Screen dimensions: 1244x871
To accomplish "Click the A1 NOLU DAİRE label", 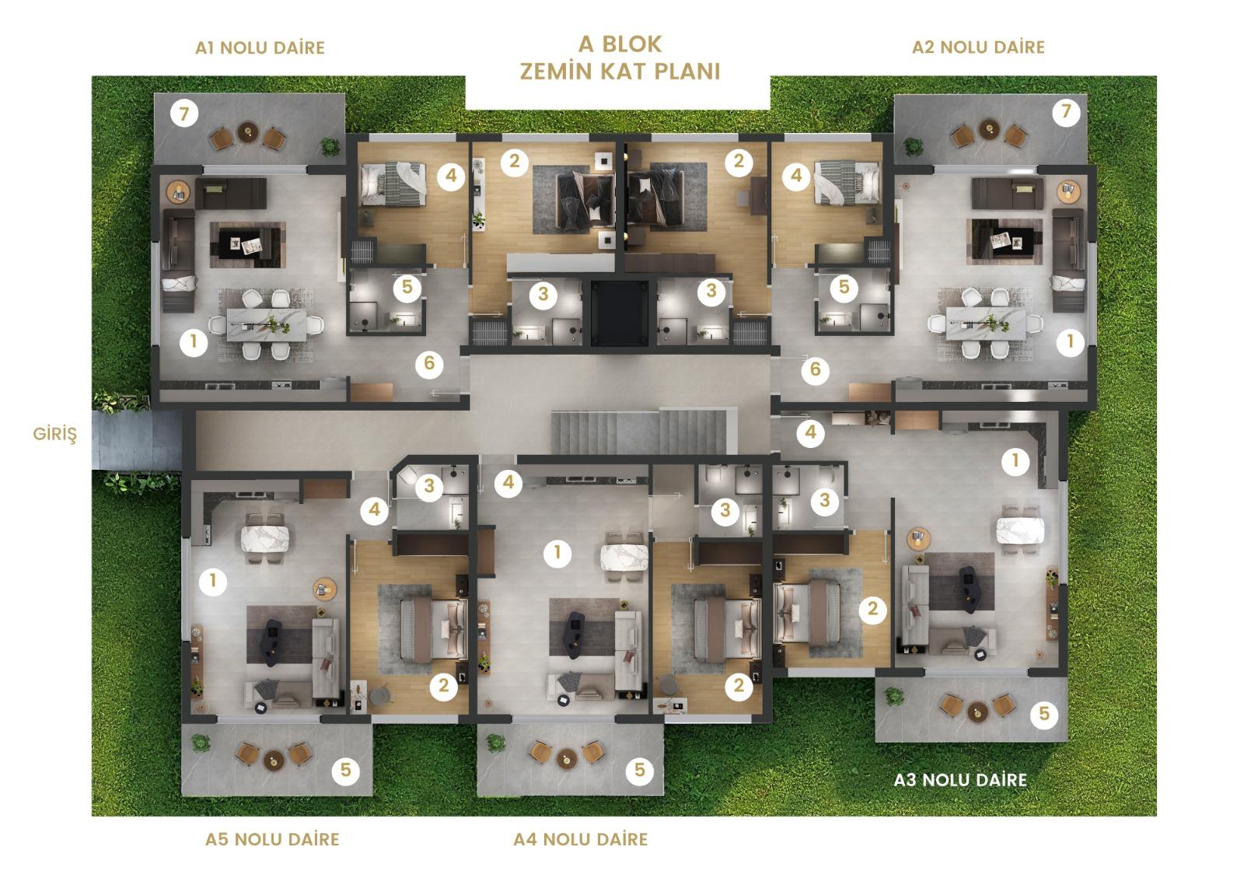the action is [x=260, y=47].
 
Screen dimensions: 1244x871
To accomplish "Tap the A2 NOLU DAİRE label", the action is [x=979, y=47].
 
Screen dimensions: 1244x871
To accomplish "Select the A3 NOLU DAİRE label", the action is [x=960, y=780].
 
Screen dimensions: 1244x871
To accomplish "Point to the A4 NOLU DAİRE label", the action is [x=580, y=839].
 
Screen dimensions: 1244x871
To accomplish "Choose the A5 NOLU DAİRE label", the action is [x=272, y=839].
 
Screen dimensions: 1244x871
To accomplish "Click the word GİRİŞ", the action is [x=55, y=434].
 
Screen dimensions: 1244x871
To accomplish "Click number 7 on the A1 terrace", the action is [x=184, y=114].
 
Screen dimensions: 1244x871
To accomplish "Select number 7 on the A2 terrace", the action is [x=1066, y=112].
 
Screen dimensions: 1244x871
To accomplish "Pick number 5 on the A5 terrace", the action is [x=345, y=770].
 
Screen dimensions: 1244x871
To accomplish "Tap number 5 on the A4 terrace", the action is [x=640, y=770].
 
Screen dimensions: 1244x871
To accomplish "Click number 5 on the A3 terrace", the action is [x=1044, y=713].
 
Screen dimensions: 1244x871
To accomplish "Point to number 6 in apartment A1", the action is [x=429, y=364].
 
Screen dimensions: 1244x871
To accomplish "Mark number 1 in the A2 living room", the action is [x=1070, y=341].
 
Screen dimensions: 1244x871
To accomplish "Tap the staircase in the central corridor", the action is [x=645, y=432].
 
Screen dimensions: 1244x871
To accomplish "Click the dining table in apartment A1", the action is [x=267, y=324].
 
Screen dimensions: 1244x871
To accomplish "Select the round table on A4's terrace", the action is [x=567, y=757].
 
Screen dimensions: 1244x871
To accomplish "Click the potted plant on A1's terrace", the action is [x=330, y=147].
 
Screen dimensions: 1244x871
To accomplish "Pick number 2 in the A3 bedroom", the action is [x=872, y=610].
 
